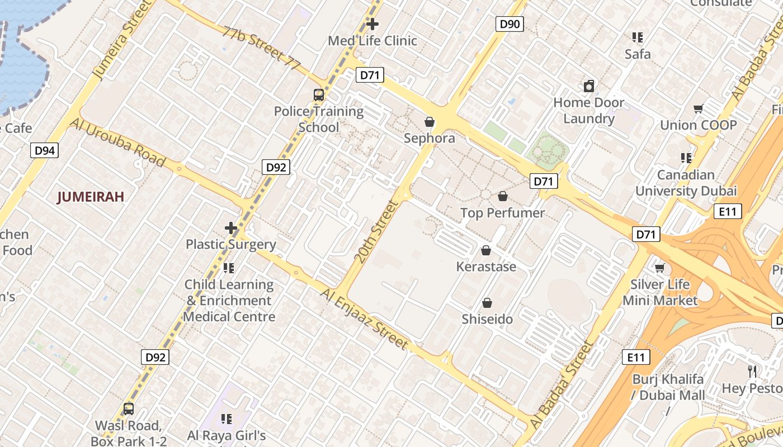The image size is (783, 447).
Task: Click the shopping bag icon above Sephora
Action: tap(430, 121)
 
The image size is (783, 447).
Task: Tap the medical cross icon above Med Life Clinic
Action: tap(372, 24)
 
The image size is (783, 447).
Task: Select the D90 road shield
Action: tap(510, 24)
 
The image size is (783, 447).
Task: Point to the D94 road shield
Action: tap(44, 150)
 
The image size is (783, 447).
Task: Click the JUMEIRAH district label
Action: tap(91, 197)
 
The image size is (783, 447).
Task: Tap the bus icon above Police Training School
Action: tap(319, 95)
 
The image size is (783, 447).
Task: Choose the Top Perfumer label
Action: tap(502, 213)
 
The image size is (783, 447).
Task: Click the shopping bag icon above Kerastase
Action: tap(486, 250)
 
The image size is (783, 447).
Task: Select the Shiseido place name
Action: tap(487, 320)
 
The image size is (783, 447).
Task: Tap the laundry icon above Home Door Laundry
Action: tap(588, 86)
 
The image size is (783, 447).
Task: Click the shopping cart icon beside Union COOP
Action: tap(698, 109)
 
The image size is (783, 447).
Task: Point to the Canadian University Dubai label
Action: tap(686, 183)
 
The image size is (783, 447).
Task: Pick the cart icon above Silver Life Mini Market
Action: tap(660, 268)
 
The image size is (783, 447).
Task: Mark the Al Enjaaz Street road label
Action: tap(365, 319)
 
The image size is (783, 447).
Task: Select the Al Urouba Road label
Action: tap(118, 142)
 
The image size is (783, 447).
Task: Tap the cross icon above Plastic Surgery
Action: tap(231, 228)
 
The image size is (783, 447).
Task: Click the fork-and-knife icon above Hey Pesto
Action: tap(753, 371)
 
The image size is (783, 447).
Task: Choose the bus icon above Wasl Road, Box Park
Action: tap(129, 409)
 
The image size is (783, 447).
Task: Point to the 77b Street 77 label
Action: tap(261, 47)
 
